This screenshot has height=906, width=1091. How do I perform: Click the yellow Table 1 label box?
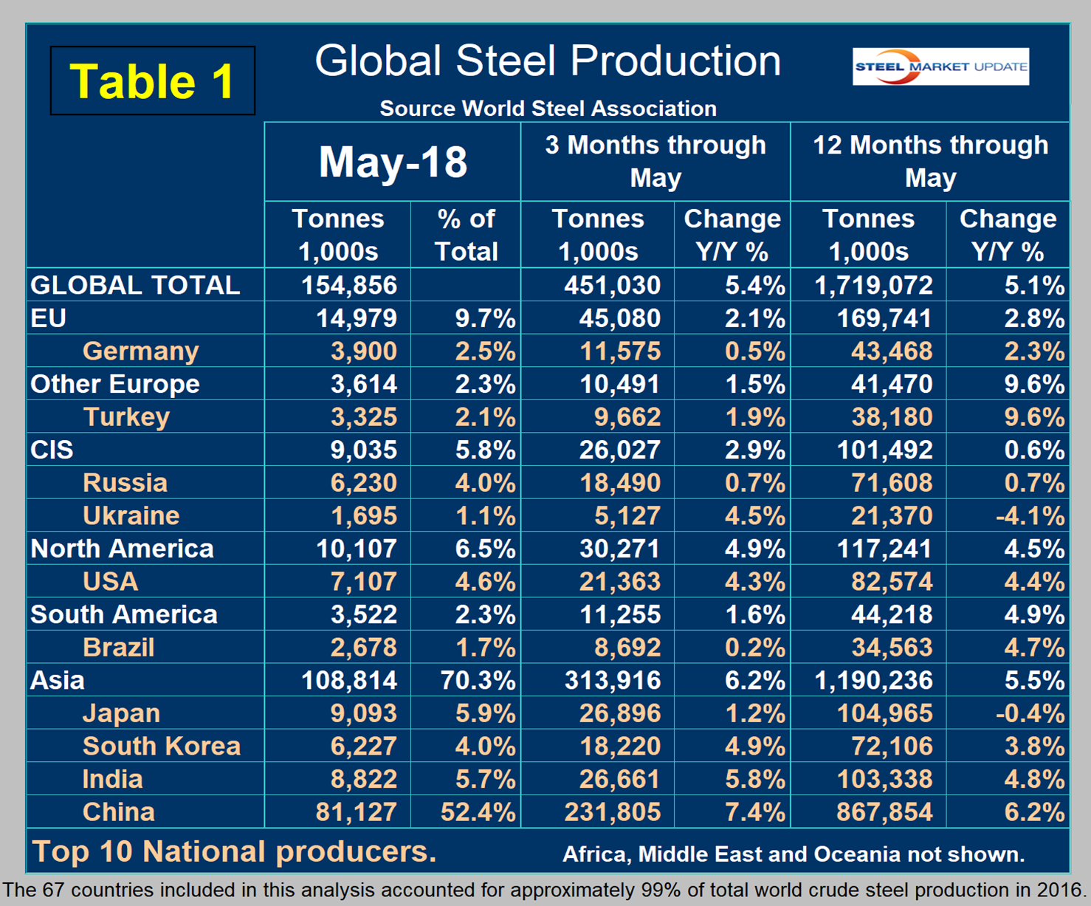click(153, 80)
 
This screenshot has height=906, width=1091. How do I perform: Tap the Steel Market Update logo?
click(940, 66)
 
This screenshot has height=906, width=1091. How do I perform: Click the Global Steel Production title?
click(548, 61)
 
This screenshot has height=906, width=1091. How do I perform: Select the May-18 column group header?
click(393, 162)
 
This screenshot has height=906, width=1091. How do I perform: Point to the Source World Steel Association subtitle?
click(548, 109)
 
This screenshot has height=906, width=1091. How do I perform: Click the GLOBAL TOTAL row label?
click(135, 285)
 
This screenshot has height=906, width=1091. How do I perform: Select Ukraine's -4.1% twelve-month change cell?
click(1030, 515)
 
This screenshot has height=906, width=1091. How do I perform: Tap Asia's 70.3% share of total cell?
click(478, 680)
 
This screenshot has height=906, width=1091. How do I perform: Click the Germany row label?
click(140, 351)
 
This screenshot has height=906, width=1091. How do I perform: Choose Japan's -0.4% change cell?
click(1030, 713)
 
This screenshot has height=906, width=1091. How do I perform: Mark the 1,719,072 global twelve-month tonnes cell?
click(874, 285)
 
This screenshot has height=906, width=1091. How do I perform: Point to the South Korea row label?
click(161, 746)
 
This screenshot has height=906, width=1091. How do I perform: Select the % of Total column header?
click(467, 235)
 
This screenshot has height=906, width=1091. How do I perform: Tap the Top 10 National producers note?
click(235, 851)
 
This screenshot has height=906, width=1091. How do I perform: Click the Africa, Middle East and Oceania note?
click(794, 854)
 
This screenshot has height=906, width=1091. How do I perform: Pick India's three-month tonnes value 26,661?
click(620, 779)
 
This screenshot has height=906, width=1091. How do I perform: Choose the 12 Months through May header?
click(930, 161)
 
